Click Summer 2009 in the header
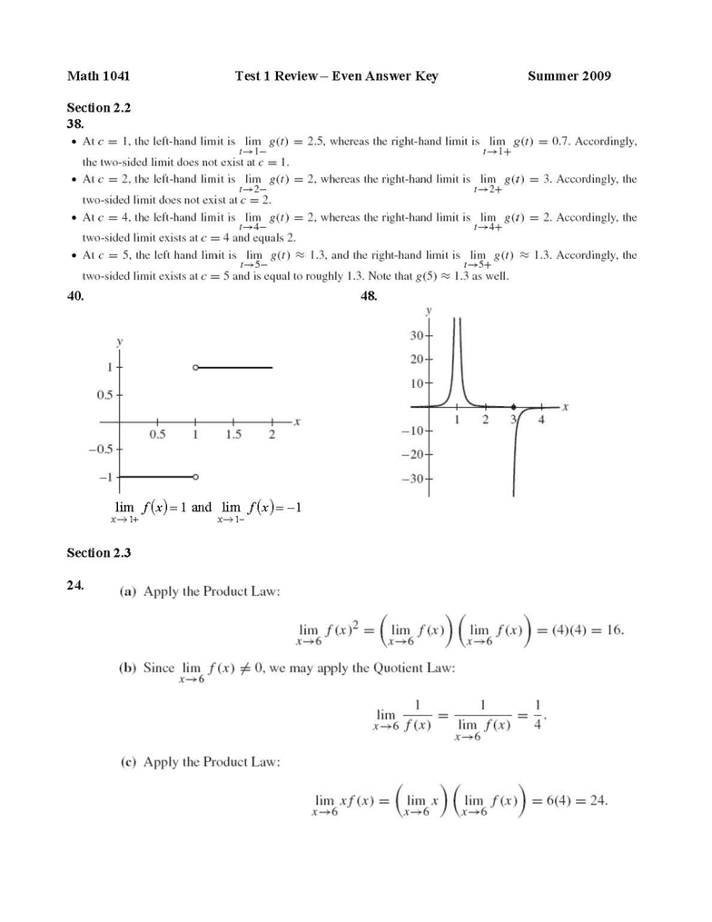(x=569, y=76)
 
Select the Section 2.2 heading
(x=99, y=107)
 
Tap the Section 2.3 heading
(x=99, y=552)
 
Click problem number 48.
(x=369, y=296)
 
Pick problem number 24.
(x=75, y=585)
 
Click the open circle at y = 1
(x=195, y=367)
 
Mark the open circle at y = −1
(x=195, y=476)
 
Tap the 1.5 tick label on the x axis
(x=233, y=435)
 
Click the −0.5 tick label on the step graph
(x=101, y=450)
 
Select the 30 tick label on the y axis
(x=418, y=335)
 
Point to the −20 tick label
(x=413, y=454)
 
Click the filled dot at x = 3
(x=513, y=407)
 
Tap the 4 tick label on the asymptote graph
(x=541, y=420)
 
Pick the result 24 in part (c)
(x=597, y=800)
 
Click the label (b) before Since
(x=128, y=668)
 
